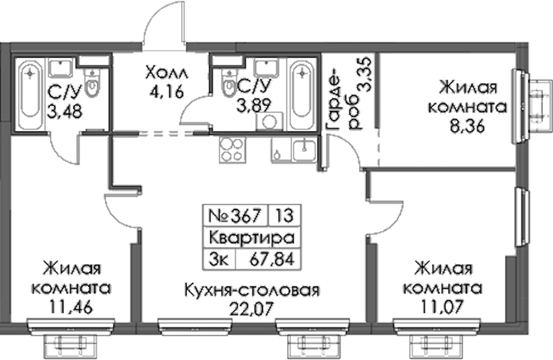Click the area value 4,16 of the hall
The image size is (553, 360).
[166, 92]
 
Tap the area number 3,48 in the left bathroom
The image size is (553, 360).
[64, 112]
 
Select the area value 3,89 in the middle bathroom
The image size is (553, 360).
[254, 105]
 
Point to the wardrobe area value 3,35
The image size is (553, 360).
[364, 75]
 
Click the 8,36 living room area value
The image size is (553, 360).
[468, 126]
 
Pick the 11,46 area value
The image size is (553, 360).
[71, 307]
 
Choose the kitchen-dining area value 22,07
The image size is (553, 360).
[252, 309]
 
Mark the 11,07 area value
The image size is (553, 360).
[441, 307]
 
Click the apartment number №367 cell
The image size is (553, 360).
[235, 215]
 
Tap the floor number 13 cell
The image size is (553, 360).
[285, 215]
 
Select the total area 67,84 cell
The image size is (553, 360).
[268, 260]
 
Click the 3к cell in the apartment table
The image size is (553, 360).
[219, 260]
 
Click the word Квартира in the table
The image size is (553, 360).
[252, 238]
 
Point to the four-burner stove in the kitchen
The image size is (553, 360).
[232, 150]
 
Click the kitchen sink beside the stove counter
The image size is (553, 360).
[304, 149]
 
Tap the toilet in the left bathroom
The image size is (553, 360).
[92, 83]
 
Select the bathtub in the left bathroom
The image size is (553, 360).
[31, 95]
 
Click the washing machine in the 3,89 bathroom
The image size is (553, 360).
[270, 122]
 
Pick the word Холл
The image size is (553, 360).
[166, 73]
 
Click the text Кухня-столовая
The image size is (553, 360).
[252, 290]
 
